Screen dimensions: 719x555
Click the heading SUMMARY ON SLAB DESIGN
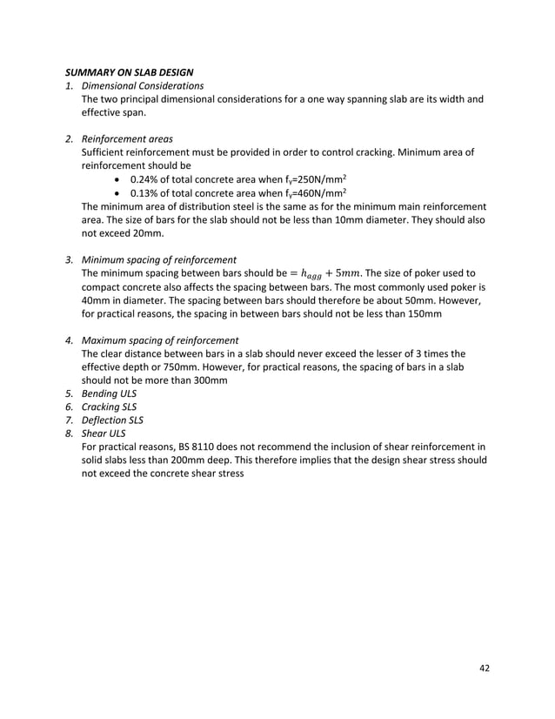(130, 71)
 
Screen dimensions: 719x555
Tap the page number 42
(485, 667)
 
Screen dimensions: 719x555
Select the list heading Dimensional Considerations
(143, 85)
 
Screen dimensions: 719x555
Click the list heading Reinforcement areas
(127, 138)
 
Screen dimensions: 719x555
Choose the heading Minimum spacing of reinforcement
(158, 259)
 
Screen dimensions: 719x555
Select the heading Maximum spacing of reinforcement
(160, 340)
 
